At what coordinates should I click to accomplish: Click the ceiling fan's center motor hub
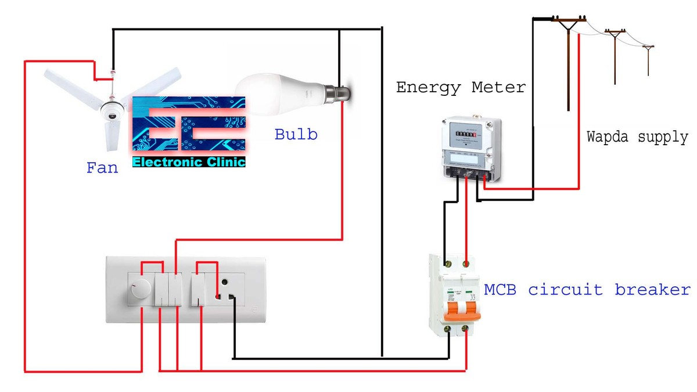[x=110, y=110]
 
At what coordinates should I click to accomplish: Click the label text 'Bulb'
[x=296, y=135]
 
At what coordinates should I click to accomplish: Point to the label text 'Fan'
[x=102, y=168]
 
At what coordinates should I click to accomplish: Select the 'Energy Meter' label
[x=461, y=88]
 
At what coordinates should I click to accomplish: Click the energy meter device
[x=471, y=148]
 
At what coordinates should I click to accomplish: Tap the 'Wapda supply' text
[x=637, y=138]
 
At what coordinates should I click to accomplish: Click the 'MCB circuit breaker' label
[x=587, y=289]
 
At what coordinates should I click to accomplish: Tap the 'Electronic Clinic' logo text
[x=189, y=162]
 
